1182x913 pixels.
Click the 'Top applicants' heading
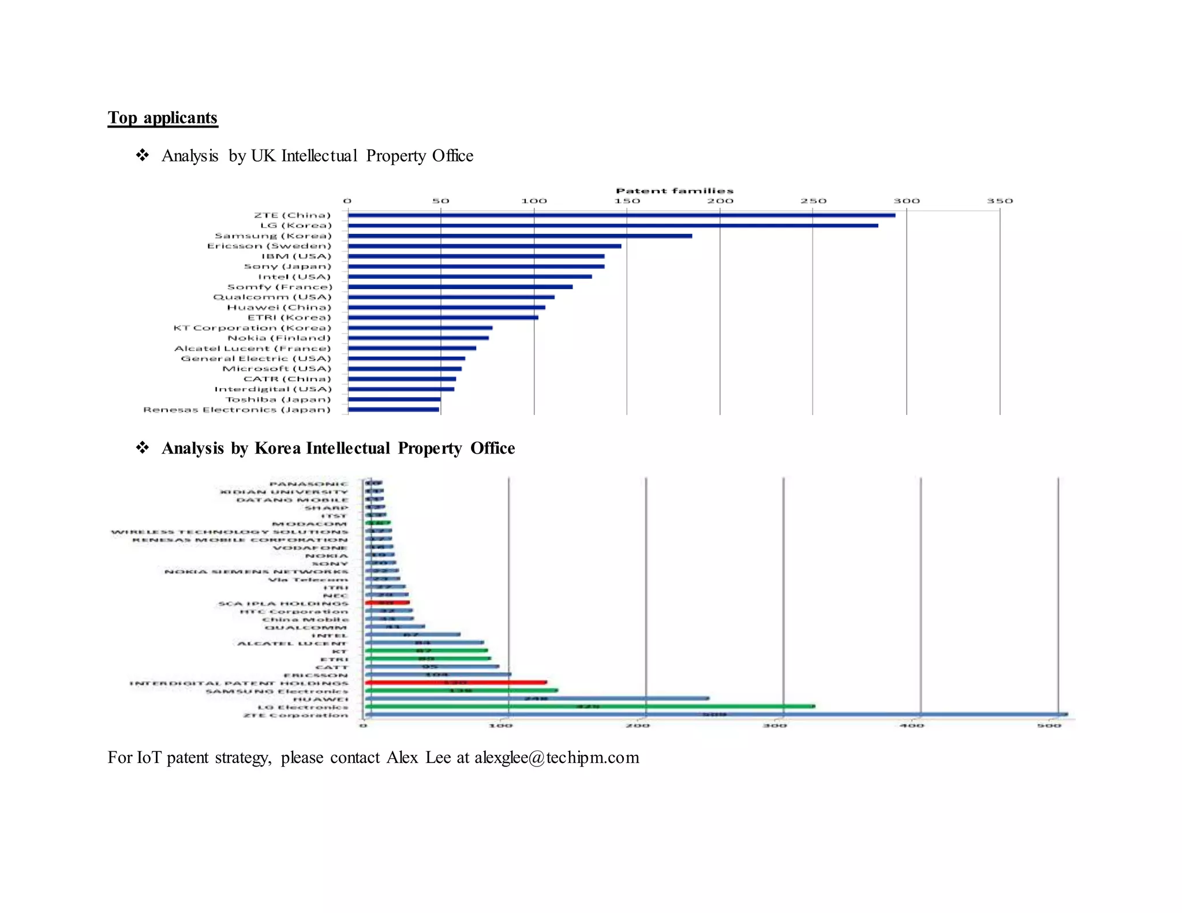point(162,118)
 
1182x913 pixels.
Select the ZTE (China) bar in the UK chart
point(621,215)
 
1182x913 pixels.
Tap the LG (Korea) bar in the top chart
point(612,226)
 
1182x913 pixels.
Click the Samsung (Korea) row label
point(273,236)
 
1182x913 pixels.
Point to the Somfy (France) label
point(280,287)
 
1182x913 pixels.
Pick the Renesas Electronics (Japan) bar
point(394,410)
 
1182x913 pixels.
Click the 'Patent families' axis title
point(674,191)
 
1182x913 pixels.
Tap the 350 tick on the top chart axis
point(1000,201)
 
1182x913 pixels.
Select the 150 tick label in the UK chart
point(627,201)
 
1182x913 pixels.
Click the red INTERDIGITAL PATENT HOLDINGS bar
point(455,683)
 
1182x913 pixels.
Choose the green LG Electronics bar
point(589,706)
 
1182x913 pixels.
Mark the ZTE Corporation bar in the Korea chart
point(716,714)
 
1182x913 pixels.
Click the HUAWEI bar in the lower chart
point(537,698)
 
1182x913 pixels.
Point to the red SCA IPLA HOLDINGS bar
point(387,603)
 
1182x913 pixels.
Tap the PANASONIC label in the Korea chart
point(309,484)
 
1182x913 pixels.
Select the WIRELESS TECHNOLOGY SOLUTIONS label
point(230,532)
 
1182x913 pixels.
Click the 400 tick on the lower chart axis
point(912,726)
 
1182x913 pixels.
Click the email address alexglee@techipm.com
point(556,757)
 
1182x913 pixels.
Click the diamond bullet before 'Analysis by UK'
point(142,155)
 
